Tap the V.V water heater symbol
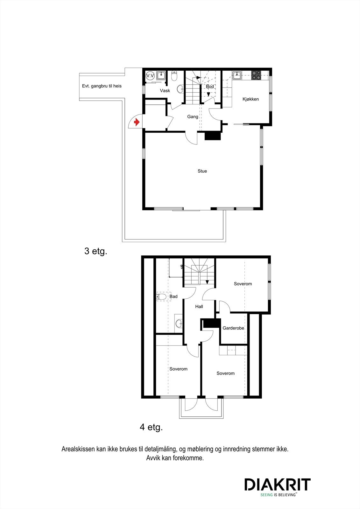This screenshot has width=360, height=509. tap(150, 76)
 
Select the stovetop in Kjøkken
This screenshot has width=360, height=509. tap(256, 75)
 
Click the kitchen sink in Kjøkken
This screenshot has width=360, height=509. tap(236, 75)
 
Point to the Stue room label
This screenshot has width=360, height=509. tap(202, 171)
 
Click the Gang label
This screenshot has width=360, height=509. tap(193, 117)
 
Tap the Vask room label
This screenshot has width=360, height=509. tap(165, 91)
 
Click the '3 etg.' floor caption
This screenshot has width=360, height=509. tap(96, 251)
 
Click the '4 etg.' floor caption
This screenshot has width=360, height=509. tap(151, 427)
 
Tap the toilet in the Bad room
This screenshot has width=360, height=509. tap(162, 297)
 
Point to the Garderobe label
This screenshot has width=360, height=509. tap(233, 328)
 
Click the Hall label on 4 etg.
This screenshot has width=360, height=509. tap(199, 307)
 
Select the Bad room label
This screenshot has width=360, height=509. tap(173, 296)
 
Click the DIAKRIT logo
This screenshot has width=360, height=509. tap(277, 485)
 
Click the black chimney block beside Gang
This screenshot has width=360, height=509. tap(213, 136)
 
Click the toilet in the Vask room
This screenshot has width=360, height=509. tap(174, 76)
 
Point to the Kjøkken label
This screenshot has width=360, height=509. tap(251, 99)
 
